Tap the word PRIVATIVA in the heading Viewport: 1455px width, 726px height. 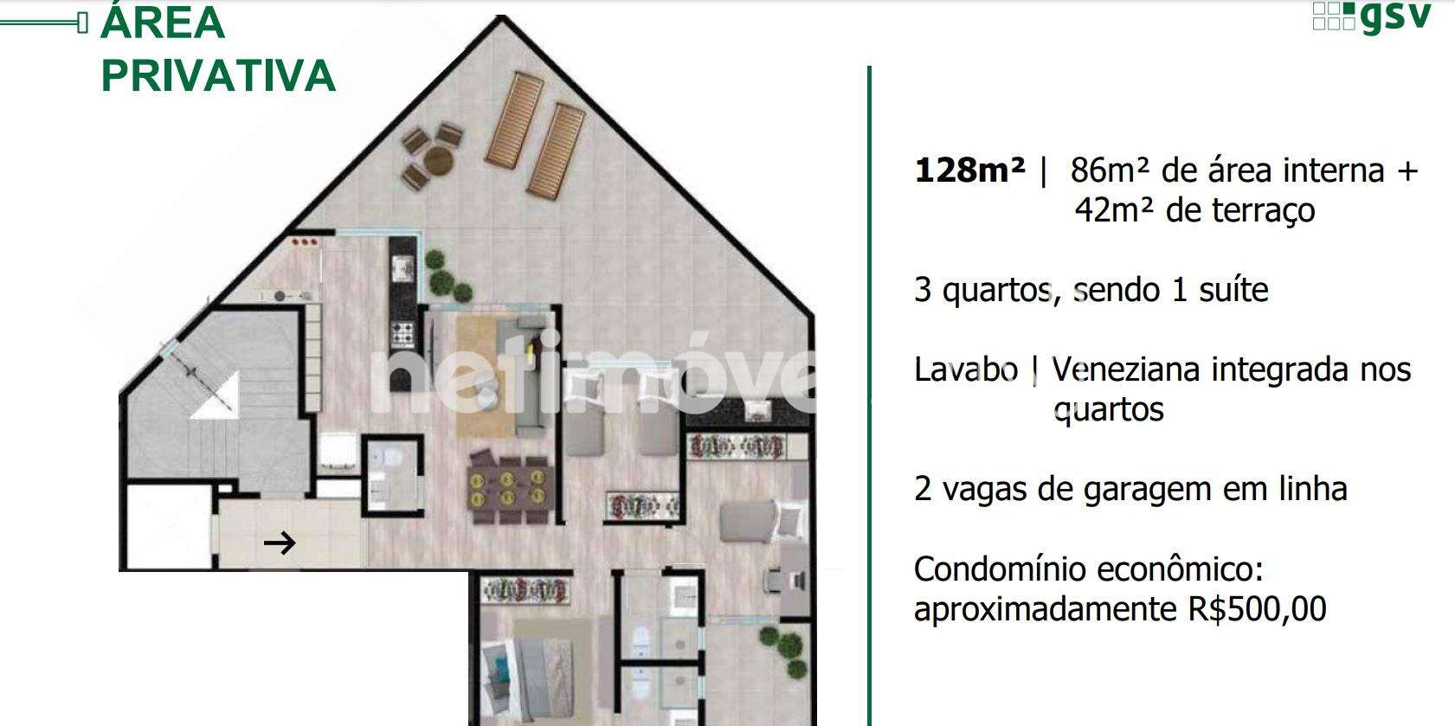coord(219,76)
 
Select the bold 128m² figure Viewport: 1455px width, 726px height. coord(969,170)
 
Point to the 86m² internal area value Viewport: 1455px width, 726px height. coord(1111,170)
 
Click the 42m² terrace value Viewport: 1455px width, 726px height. coord(1114,210)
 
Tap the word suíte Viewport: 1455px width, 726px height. coord(1233,290)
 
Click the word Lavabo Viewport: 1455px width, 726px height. coord(966,369)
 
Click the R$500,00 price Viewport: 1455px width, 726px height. coord(1257,609)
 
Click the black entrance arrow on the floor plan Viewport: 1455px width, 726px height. coord(280,543)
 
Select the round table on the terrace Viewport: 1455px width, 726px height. coord(437,160)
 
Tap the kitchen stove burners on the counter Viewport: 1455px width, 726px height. coord(402,334)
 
